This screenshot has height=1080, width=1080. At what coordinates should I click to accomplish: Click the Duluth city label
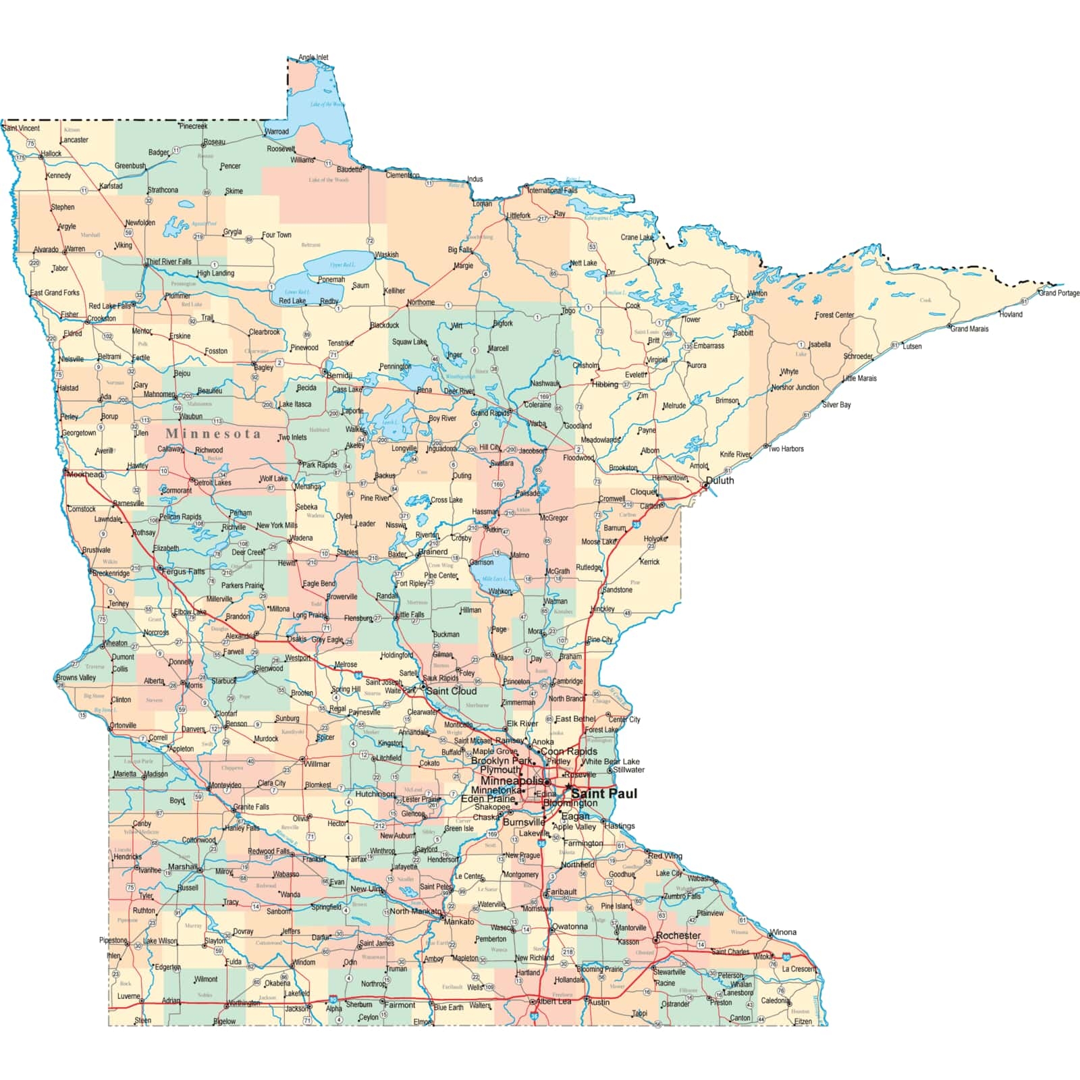point(720,481)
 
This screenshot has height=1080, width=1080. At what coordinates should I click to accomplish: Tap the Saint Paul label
point(603,794)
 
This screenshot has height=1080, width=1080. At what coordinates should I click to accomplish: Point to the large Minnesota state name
point(213,433)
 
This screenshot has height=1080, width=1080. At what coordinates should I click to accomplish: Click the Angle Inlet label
point(313,57)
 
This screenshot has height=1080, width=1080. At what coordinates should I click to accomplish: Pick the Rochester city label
point(678,936)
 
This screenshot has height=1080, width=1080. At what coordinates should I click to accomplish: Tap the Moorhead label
point(85,475)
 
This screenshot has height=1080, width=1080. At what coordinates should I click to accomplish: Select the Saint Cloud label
point(451,691)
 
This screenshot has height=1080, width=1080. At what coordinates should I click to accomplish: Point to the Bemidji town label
point(340,375)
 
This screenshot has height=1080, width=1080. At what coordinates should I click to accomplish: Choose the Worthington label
point(244,1003)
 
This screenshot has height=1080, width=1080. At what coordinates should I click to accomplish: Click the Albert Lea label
point(554,1001)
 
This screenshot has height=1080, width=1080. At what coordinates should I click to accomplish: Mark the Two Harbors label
point(785,449)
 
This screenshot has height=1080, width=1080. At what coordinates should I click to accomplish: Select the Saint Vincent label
point(21,128)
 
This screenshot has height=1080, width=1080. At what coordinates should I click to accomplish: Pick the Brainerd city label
point(433,551)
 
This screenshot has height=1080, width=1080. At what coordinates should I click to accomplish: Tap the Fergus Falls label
point(184,572)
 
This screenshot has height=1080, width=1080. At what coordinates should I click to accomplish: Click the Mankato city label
point(459,921)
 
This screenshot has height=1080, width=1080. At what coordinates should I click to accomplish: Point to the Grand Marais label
point(969,329)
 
